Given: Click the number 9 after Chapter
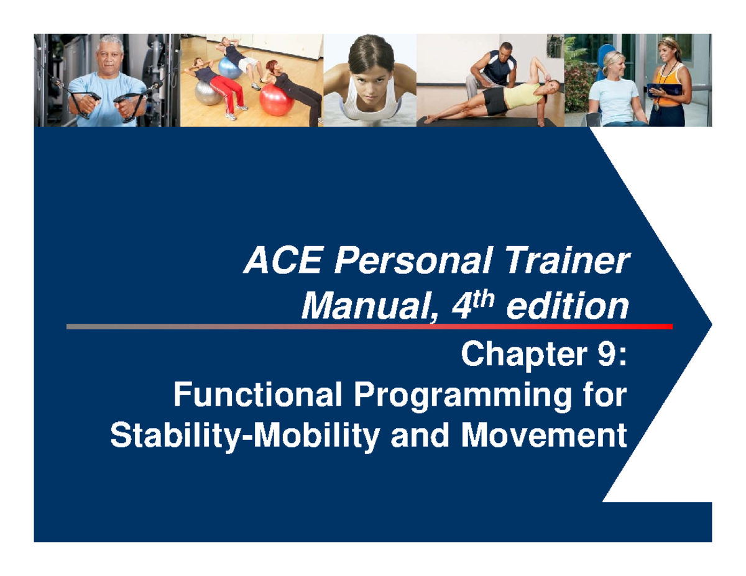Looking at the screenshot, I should pos(597,358).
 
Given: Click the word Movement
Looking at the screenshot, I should pos(543,436).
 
